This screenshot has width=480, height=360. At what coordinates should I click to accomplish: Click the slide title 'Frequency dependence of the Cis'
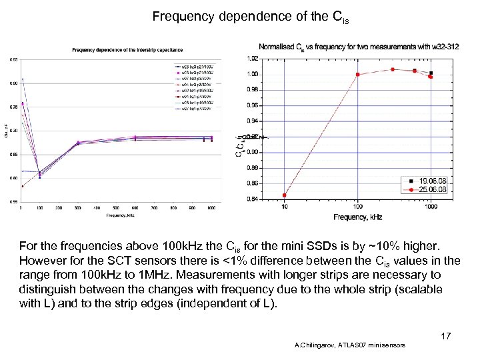[x=250, y=17]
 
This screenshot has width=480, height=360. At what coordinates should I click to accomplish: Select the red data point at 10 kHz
[x=285, y=195]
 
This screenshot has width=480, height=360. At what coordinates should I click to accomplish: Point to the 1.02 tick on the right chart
[x=253, y=59]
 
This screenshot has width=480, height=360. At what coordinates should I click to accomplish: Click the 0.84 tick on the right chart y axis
[x=253, y=198]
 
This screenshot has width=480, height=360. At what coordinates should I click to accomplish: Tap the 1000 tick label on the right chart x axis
[x=431, y=207]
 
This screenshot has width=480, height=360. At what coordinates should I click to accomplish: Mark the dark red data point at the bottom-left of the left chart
[x=23, y=186]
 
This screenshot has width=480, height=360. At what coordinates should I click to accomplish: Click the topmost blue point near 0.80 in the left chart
[x=23, y=79]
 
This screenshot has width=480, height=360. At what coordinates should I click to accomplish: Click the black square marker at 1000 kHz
[x=431, y=73]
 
